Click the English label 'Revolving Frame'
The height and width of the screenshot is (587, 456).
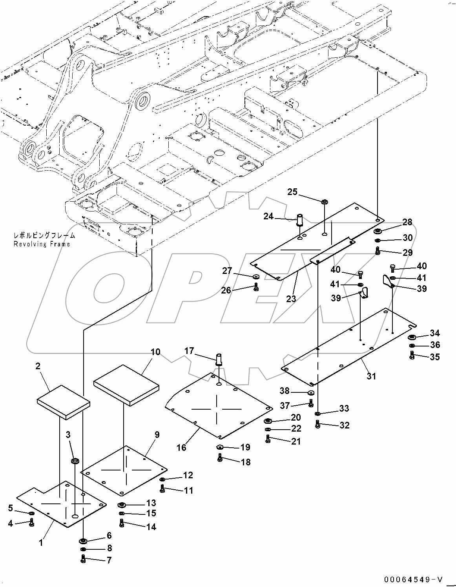(x=42, y=244)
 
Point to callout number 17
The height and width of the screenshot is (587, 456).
(x=189, y=351)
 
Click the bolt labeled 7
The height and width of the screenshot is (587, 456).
(x=83, y=559)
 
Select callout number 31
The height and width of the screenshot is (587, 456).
(x=371, y=376)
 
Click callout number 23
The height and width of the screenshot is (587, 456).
(x=291, y=299)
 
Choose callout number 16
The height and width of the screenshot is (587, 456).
(x=181, y=447)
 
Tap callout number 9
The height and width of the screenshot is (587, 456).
(x=157, y=434)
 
